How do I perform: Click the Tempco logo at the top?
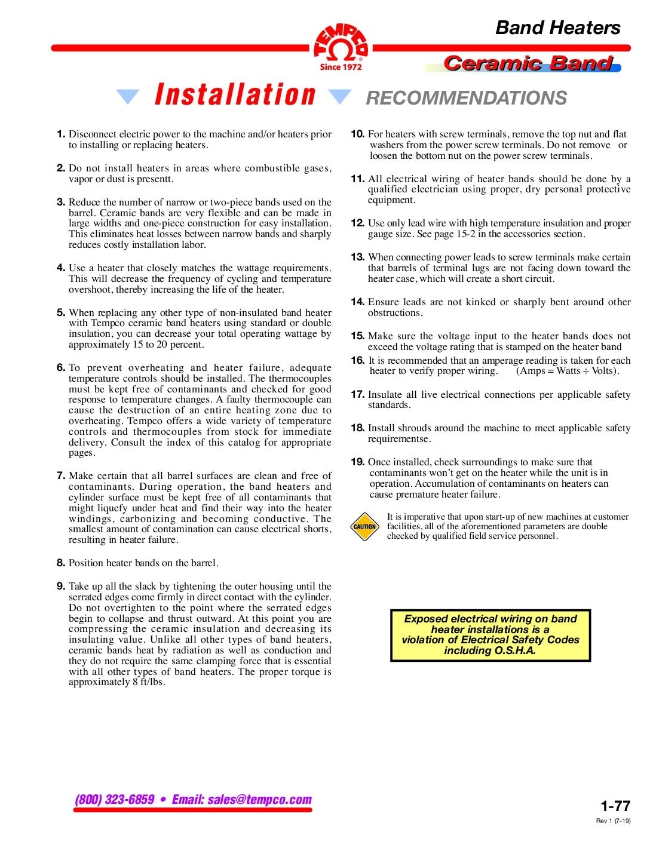click(341, 44)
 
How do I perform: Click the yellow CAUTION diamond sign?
click(364, 526)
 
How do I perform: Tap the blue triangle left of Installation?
click(127, 97)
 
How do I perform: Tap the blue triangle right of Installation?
click(340, 97)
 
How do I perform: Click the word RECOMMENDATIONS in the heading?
click(466, 98)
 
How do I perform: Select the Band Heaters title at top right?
click(557, 27)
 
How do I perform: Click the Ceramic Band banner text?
click(528, 63)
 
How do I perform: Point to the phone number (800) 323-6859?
click(115, 799)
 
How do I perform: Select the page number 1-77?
click(615, 806)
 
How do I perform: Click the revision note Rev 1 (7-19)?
click(613, 821)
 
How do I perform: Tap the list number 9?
click(60, 586)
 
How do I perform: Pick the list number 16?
click(357, 360)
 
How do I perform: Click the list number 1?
click(60, 134)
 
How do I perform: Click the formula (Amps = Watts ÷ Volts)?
click(568, 371)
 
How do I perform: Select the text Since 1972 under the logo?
click(341, 67)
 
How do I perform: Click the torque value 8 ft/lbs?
click(148, 682)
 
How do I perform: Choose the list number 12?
click(357, 223)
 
